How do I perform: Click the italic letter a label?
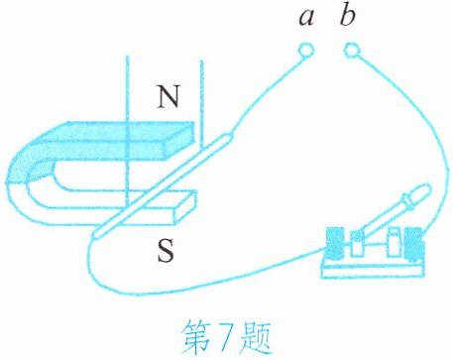coord(306,18)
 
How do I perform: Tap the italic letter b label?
coord(348,15)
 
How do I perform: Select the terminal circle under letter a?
coord(305,50)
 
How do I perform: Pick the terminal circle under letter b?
coord(352,50)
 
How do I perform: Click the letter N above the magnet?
coord(169,96)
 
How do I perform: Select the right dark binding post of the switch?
coord(414,244)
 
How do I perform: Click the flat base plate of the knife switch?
coord(373,269)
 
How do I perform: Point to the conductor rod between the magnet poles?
coord(162,185)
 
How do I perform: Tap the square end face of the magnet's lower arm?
coord(184,207)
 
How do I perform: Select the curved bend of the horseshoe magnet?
coord(23,185)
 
